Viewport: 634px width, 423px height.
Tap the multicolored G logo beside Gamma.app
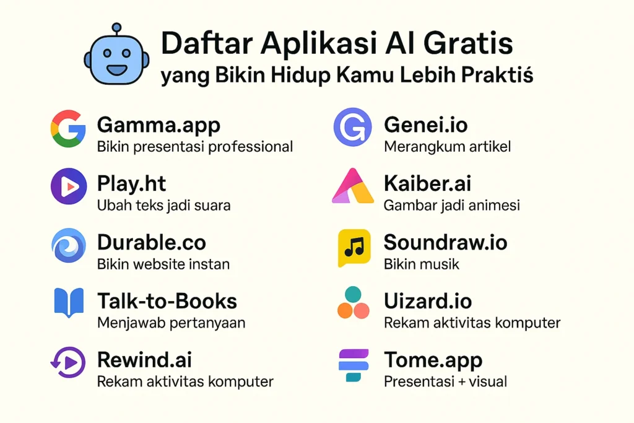[x=67, y=128]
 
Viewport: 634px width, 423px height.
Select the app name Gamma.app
[x=158, y=125]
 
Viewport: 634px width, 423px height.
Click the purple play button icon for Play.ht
[x=68, y=186]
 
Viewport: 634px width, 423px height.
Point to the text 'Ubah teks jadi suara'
[x=163, y=206]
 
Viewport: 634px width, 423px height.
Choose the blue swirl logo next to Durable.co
[x=68, y=245]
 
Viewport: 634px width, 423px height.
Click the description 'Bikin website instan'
[x=163, y=264]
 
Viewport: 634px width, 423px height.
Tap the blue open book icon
[x=68, y=303]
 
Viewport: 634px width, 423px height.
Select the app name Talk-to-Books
[x=167, y=302]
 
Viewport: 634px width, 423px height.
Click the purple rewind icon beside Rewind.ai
[x=67, y=362]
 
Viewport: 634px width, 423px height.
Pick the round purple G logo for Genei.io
[x=352, y=127]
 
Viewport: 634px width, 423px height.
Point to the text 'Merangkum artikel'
[x=447, y=147]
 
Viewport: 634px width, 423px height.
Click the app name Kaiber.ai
[x=428, y=184]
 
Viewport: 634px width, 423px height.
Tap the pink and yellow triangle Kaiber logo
[x=353, y=186]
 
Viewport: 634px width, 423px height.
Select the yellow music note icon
[x=354, y=246]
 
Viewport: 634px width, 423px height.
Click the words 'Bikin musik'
[x=421, y=264]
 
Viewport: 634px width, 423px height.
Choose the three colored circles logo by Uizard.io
[x=353, y=303]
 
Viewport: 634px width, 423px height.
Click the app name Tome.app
[x=433, y=360]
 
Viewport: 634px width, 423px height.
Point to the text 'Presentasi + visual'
[x=445, y=382]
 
